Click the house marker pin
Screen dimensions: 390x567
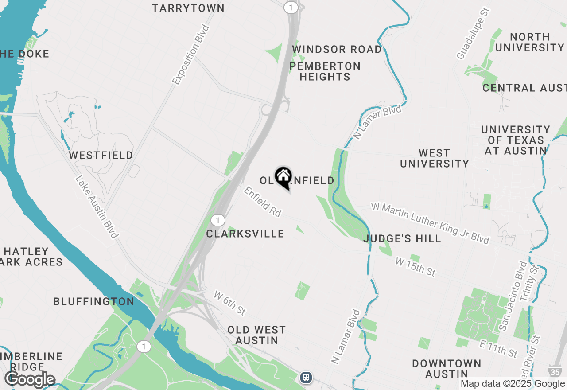point(283,177)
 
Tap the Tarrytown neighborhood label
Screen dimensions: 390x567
point(188,8)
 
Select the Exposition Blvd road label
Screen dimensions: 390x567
point(190,55)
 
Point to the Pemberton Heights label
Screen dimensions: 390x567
point(325,71)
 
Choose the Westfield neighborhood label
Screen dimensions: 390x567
point(101,155)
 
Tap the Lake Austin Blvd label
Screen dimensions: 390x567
point(97,207)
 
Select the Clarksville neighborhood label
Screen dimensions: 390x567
point(245,234)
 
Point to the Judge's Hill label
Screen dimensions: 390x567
point(402,239)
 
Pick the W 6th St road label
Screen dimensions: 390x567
point(229,303)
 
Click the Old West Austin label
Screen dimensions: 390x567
point(256,335)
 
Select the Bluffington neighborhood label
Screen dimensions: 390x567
point(94,301)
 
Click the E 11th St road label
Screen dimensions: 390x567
point(499,348)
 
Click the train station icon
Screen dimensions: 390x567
point(306,378)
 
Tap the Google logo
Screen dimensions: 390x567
point(30,380)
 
